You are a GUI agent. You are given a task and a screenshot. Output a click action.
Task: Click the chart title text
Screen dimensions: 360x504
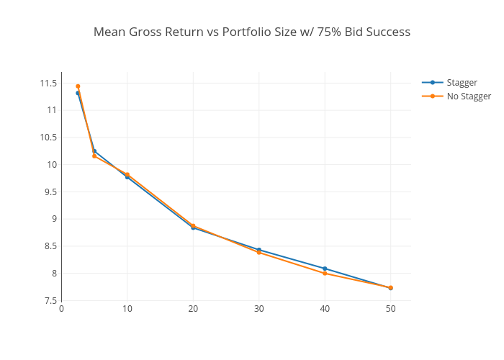coord(252,32)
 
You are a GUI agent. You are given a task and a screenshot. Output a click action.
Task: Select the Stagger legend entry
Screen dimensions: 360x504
coord(462,82)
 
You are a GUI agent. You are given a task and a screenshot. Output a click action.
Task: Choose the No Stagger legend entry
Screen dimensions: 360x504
coord(468,96)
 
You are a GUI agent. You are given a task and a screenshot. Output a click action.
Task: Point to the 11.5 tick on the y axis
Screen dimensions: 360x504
coord(48,84)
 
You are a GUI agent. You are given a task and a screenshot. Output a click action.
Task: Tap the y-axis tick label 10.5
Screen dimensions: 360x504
coord(48,138)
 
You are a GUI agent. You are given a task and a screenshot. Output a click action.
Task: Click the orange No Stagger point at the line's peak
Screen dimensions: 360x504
coord(78,86)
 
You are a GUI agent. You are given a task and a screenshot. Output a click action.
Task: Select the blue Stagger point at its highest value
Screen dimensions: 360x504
coord(78,93)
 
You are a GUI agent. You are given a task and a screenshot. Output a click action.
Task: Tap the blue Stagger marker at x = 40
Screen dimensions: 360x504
coord(325,269)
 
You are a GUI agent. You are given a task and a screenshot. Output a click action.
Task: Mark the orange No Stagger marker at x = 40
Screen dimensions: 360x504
coord(325,274)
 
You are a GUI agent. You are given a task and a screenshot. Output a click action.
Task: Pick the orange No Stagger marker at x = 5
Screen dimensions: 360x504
coord(94,156)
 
